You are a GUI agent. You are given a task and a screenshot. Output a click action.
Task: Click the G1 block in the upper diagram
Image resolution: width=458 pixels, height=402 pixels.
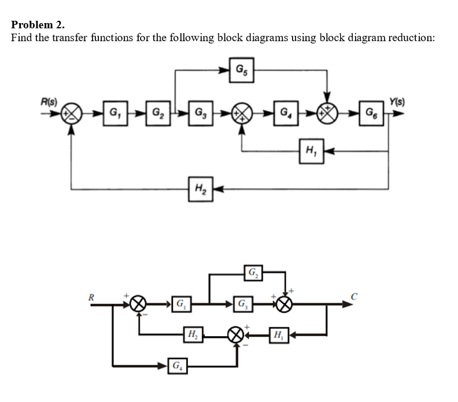(x=113, y=110)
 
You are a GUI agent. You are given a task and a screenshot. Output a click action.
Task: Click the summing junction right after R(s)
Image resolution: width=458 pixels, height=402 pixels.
(x=71, y=111)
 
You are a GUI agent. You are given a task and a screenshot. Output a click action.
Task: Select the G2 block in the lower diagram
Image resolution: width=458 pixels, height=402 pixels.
(x=253, y=272)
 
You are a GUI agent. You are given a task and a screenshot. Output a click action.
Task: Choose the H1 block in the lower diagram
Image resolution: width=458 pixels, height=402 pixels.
(x=278, y=334)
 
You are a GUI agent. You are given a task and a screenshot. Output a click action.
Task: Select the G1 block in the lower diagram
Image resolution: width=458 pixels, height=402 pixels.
(x=182, y=303)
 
